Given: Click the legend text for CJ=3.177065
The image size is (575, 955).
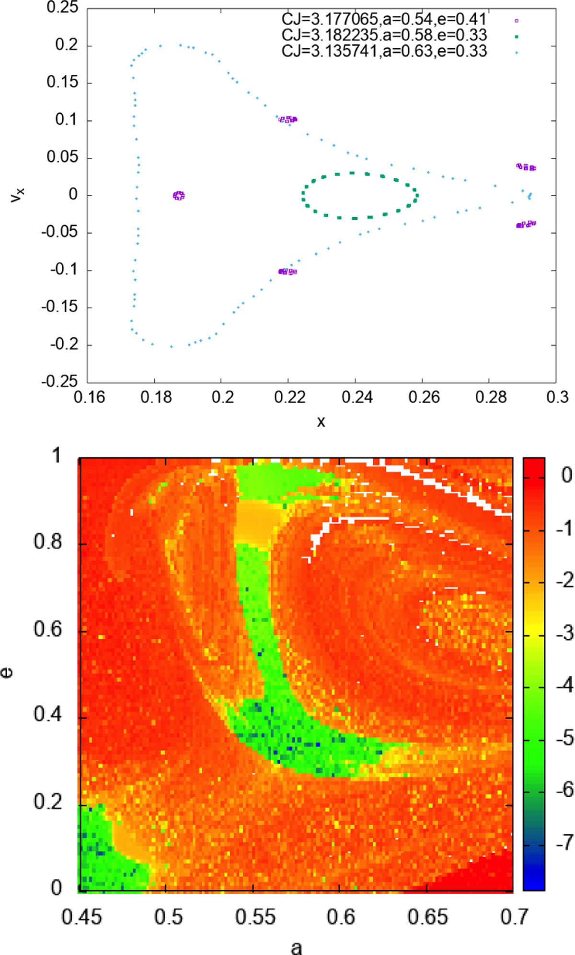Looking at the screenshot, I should click(x=384, y=19).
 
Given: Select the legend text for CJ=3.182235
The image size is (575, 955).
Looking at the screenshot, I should click(x=384, y=35).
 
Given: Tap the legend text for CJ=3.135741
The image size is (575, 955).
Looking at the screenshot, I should click(x=384, y=51).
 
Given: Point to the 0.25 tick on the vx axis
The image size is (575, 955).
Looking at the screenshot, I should click(x=62, y=8).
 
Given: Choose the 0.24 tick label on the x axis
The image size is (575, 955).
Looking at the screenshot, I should click(x=355, y=397).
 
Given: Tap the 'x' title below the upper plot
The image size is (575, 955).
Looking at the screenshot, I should click(x=321, y=422).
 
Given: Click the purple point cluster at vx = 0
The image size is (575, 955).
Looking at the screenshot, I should click(x=179, y=195).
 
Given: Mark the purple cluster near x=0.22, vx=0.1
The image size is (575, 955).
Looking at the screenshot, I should click(x=287, y=119).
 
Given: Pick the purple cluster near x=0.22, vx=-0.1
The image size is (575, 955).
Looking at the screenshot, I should click(x=287, y=271).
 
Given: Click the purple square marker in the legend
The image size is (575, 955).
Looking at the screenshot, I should click(x=517, y=20).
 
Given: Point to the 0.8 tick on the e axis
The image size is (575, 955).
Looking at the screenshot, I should click(x=48, y=542).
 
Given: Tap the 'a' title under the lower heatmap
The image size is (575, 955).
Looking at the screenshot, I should click(x=297, y=946).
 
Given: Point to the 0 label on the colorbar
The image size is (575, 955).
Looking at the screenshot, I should click(x=566, y=475).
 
